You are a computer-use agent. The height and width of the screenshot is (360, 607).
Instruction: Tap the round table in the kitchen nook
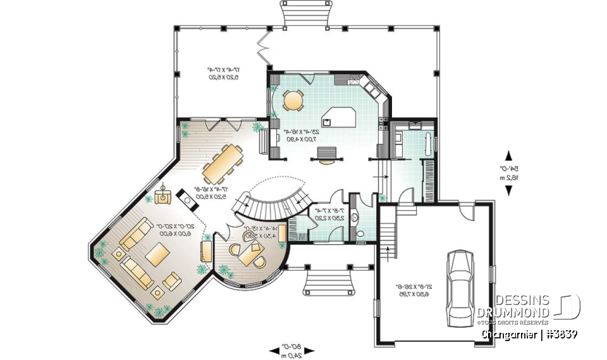point(293,99)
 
